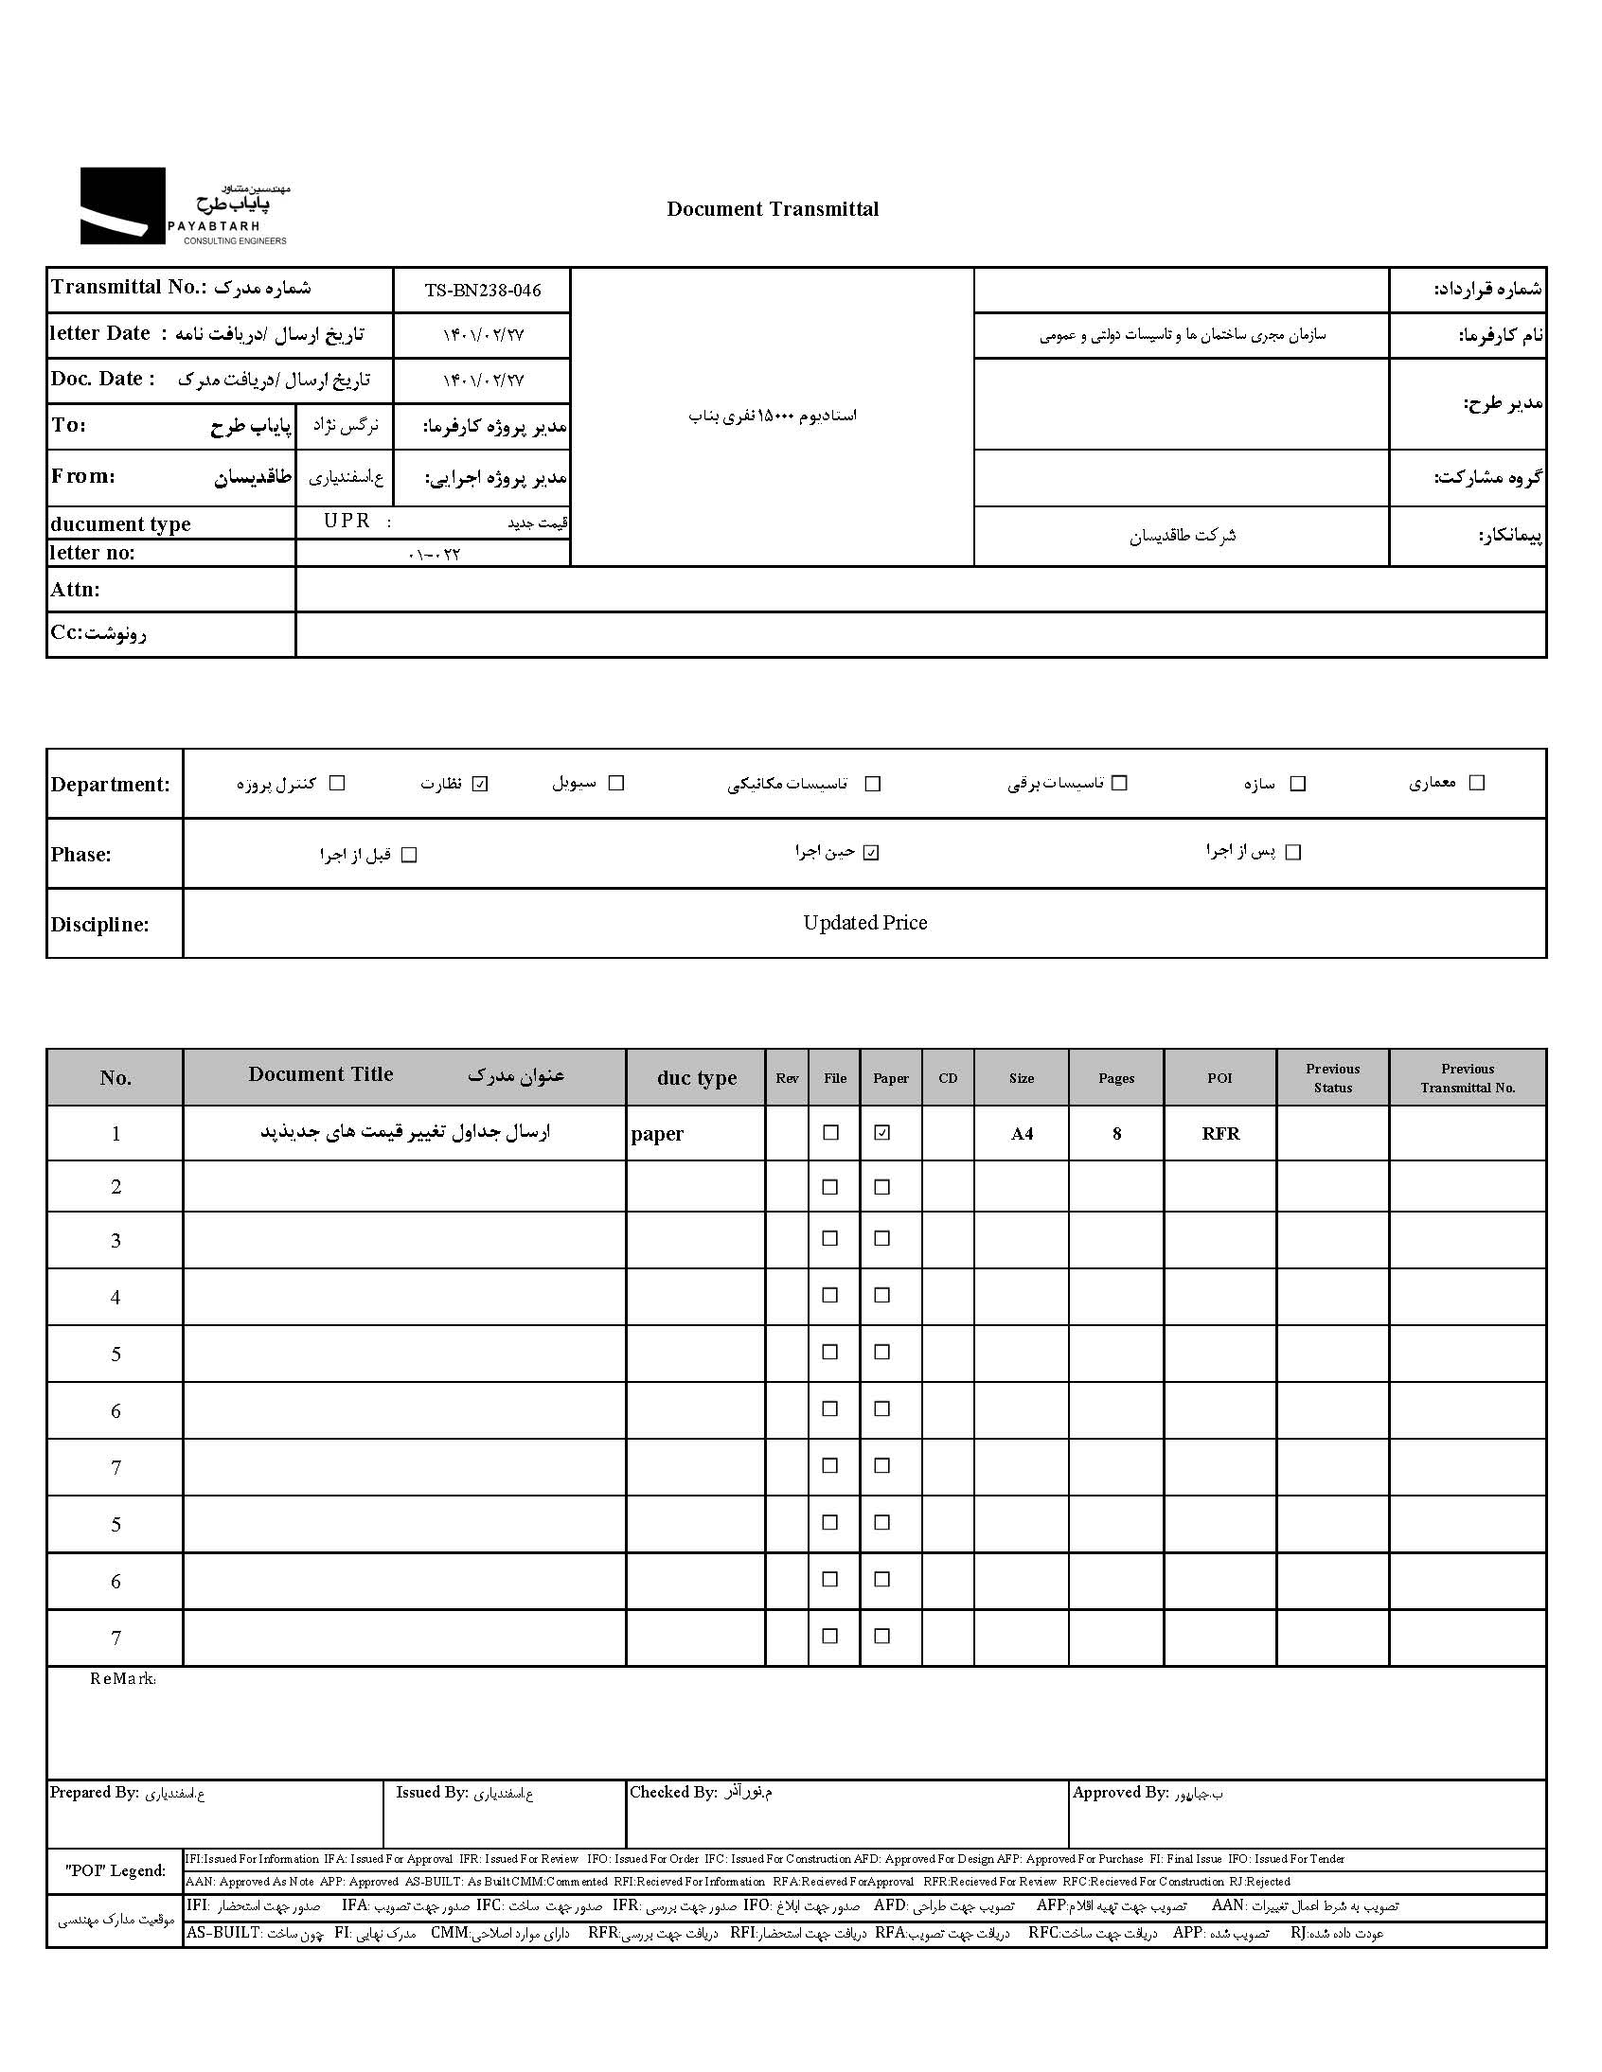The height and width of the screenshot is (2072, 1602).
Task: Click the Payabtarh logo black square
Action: (x=122, y=205)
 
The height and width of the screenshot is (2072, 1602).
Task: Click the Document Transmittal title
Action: (x=772, y=210)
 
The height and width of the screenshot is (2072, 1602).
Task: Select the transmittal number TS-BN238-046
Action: (x=482, y=292)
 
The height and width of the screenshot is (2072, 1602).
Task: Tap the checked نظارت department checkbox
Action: (x=480, y=784)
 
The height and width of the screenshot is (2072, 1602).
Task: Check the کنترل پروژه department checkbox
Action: (x=337, y=784)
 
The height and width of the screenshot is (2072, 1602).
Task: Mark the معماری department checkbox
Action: (x=1476, y=783)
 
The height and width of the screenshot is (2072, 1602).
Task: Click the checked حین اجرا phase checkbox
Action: (x=871, y=853)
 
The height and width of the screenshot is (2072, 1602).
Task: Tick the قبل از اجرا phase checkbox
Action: (x=409, y=855)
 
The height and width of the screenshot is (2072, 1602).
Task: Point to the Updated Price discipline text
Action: (x=864, y=923)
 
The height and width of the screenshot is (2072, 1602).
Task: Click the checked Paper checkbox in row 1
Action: (x=882, y=1133)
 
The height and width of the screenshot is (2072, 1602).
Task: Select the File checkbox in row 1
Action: (x=831, y=1133)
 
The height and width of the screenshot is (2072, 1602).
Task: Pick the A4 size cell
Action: (x=1022, y=1134)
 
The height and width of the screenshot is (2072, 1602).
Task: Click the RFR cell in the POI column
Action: (x=1220, y=1134)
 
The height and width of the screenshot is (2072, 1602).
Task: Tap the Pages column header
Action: (x=1116, y=1079)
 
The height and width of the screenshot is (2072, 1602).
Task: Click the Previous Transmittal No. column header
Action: (x=1468, y=1079)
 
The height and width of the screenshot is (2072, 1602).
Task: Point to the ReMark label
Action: (x=122, y=1679)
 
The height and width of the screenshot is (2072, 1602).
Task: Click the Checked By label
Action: (x=673, y=1792)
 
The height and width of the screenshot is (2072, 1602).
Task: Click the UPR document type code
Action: (x=347, y=522)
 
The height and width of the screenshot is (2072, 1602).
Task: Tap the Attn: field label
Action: (x=75, y=590)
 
